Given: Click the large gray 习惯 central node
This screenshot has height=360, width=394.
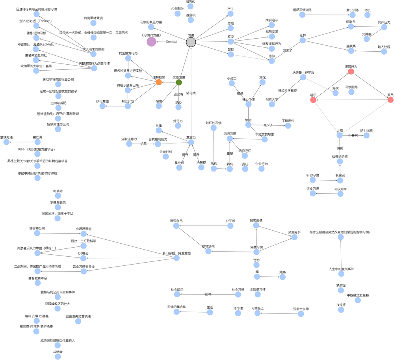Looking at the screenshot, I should (x=191, y=42).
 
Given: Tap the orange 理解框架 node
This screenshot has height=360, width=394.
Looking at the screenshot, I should (x=158, y=82).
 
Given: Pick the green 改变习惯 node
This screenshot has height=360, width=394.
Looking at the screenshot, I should (x=179, y=82).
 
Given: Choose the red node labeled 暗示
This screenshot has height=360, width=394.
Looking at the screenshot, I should (x=313, y=100).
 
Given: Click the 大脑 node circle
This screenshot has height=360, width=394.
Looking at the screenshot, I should (x=340, y=135).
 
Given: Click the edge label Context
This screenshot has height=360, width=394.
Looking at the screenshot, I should (x=171, y=42).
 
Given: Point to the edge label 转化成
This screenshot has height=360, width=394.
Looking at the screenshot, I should (x=191, y=93).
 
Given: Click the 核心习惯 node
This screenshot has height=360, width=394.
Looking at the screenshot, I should (x=248, y=104).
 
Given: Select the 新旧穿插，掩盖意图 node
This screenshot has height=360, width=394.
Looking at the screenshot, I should (x=177, y=258).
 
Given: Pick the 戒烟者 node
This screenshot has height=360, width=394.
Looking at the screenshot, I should (x=58, y=356).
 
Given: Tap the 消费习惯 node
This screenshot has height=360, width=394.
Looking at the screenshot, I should (x=256, y=252).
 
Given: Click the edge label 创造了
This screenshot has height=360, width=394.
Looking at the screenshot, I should (x=288, y=50).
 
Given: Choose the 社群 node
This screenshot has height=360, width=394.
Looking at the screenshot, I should (x=303, y=40).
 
